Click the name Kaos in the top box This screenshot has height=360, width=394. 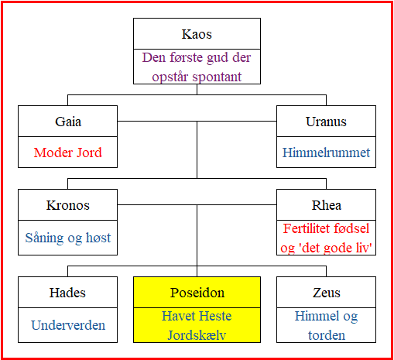[x=197, y=34]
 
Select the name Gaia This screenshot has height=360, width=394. [x=68, y=122]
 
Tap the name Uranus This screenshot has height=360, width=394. [x=326, y=122]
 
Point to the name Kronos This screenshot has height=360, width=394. [x=68, y=205]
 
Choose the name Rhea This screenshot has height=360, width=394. [x=327, y=205]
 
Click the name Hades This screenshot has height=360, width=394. [x=67, y=293]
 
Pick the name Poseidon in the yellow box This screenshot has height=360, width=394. [x=197, y=293]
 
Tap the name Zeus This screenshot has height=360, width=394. [x=327, y=293]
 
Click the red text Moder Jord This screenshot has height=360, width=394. [x=68, y=153]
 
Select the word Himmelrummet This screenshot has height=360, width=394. [x=326, y=153]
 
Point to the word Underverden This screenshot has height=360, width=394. [x=68, y=325]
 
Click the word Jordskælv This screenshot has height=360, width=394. [x=197, y=335]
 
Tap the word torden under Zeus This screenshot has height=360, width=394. [x=327, y=335]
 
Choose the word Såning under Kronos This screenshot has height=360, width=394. [x=44, y=238]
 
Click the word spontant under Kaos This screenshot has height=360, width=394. [x=217, y=77]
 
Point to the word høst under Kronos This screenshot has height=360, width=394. [x=98, y=238]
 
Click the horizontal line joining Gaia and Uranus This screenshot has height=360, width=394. [x=197, y=121]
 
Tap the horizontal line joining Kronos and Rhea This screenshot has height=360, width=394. [x=197, y=205]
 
